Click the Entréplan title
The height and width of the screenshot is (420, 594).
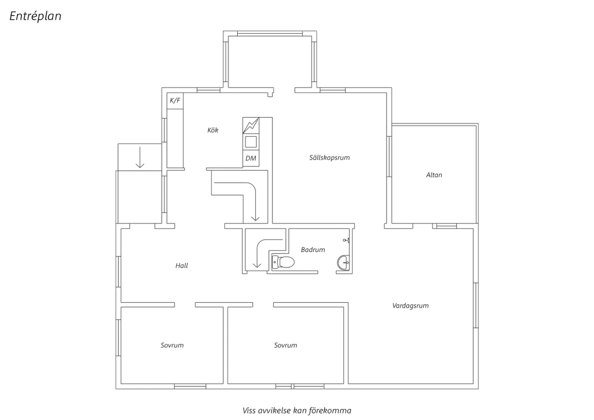coord(35,16)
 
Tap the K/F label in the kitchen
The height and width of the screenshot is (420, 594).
coord(175,100)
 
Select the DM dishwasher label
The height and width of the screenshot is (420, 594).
coord(251,158)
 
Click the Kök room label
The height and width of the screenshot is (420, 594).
coord(213,130)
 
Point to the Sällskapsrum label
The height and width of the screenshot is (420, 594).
coord(329,158)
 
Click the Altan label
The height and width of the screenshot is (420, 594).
coord(434,175)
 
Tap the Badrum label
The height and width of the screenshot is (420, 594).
coord(313,250)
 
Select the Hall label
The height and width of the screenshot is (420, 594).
coord(182,265)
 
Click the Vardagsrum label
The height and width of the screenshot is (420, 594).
coord(411,305)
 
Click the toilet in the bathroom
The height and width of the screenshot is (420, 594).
coord(283,262)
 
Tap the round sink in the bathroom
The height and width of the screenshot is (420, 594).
coord(343,263)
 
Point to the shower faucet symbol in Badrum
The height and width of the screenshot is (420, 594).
coord(346,240)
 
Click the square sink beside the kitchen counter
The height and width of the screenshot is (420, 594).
coord(251,142)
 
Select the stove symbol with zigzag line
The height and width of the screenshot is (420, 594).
coord(251,126)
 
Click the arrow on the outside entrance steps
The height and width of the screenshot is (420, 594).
coord(140,157)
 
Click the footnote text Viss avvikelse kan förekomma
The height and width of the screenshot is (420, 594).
coord(297,410)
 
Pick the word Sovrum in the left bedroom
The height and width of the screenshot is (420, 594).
coord(172,345)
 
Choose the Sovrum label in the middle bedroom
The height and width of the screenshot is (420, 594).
coord(286,345)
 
